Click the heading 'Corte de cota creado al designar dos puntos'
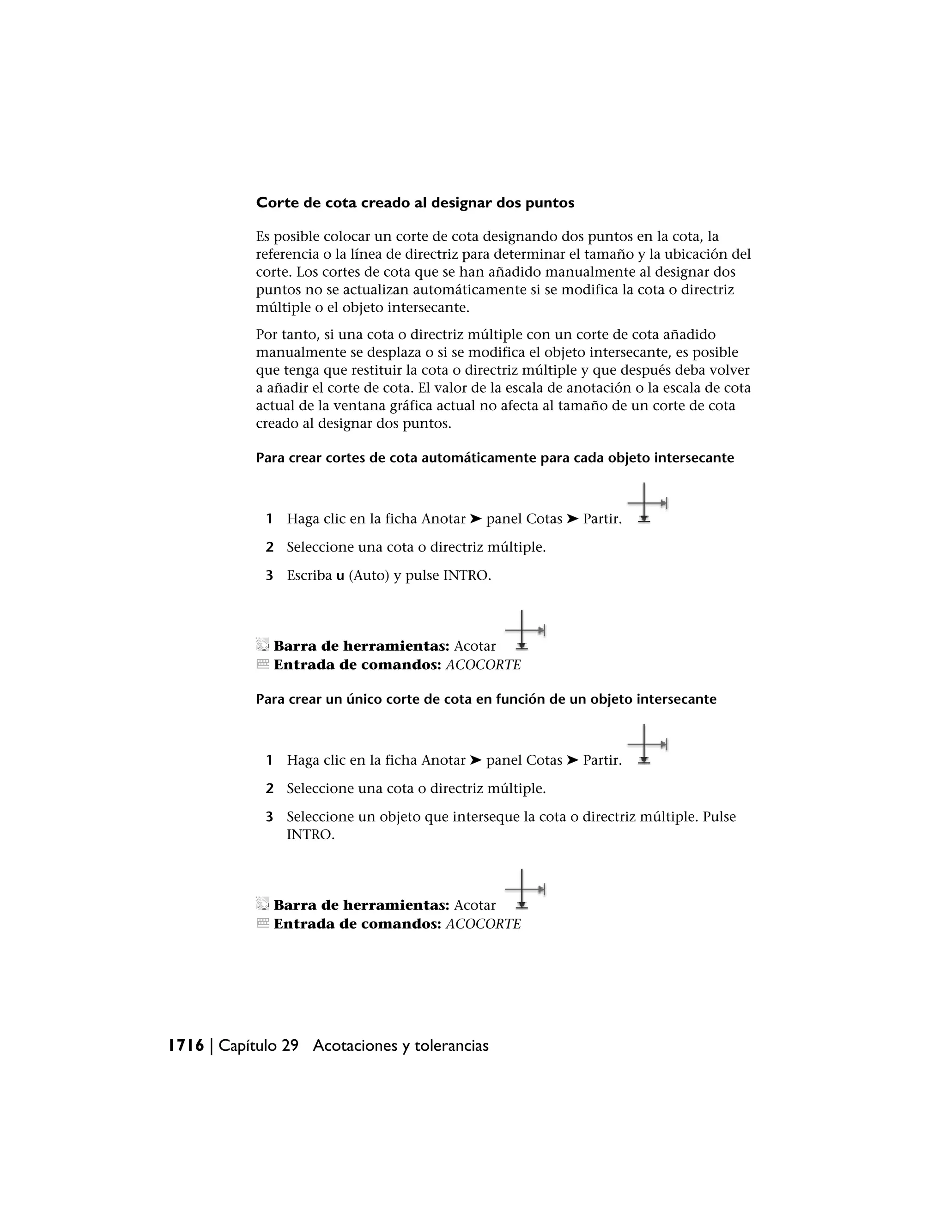pos(415,203)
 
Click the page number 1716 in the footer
pos(186,1045)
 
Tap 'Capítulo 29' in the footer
pos(258,1045)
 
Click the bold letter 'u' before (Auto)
pos(340,576)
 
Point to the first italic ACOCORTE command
pos(483,665)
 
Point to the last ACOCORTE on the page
pos(483,924)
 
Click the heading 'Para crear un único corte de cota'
pos(486,699)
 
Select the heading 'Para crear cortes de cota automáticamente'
pos(494,458)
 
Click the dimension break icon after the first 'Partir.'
pos(646,504)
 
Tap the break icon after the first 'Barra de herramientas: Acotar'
pos(524,631)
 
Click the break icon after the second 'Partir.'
pos(646,745)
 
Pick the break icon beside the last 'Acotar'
pos(524,890)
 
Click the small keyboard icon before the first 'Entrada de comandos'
pos(262,664)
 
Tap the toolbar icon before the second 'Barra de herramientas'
pos(262,903)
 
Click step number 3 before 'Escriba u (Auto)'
pos(270,576)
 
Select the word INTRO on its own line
pos(310,835)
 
